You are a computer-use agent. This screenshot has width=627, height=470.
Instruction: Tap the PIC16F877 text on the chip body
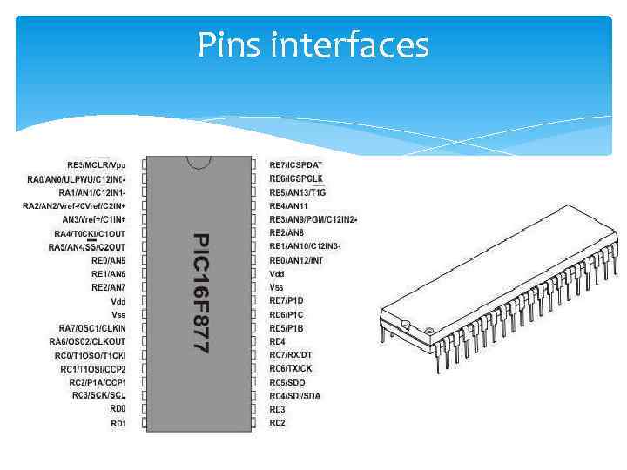coord(200,292)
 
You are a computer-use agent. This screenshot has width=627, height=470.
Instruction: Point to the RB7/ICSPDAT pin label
coord(295,164)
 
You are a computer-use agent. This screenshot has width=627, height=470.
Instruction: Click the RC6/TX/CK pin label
coord(290,368)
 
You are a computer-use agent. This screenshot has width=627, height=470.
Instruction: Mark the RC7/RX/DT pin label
coord(290,355)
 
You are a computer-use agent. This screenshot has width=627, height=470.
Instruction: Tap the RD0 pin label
coord(118,408)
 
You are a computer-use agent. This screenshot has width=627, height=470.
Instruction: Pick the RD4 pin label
coord(277,341)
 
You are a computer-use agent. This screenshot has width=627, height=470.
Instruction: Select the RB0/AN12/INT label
coord(296,260)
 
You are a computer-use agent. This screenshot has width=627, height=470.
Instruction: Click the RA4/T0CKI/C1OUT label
coord(90,233)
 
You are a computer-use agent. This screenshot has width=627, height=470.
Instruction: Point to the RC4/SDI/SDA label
coord(294,396)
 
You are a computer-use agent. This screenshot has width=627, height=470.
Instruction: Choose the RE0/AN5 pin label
coord(108,260)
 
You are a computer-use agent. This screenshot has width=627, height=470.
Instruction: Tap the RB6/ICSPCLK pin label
coord(295,178)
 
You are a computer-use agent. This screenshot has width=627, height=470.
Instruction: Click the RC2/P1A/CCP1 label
coord(98,382)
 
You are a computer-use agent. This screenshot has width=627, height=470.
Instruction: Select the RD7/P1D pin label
coord(286,300)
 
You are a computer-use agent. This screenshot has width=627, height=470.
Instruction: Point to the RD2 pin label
coord(277,423)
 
